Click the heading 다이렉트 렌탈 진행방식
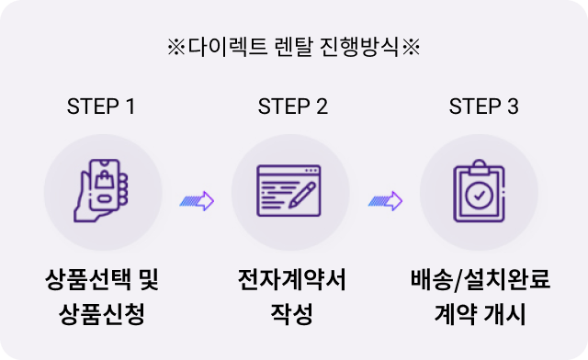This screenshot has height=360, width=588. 293,47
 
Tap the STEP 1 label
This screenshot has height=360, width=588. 101,106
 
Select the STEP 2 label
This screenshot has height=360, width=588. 293,106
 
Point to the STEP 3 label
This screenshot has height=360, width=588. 483,106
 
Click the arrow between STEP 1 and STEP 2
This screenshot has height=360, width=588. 197,199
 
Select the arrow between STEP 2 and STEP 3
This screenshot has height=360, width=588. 385,199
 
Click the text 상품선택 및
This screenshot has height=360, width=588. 107,277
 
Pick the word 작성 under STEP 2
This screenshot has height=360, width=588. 291,315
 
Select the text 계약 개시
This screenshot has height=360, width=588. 480,315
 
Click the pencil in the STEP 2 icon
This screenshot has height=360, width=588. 304,195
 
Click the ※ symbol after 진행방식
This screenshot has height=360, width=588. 411,47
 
